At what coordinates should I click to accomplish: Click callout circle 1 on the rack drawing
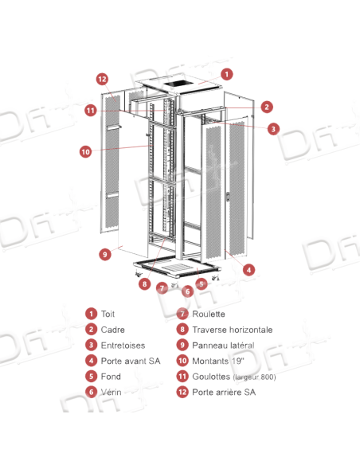click(x=227, y=74)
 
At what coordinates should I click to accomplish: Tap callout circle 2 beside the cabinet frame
click(x=268, y=106)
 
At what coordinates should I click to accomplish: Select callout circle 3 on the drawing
click(x=272, y=127)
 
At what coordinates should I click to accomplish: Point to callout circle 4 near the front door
click(x=248, y=270)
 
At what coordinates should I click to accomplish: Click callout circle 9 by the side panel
click(x=104, y=255)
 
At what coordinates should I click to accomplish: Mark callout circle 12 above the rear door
click(x=101, y=79)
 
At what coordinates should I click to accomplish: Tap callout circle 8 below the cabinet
click(x=144, y=282)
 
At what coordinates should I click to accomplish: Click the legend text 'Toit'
click(x=110, y=315)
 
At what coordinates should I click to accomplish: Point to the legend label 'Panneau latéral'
click(x=221, y=346)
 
